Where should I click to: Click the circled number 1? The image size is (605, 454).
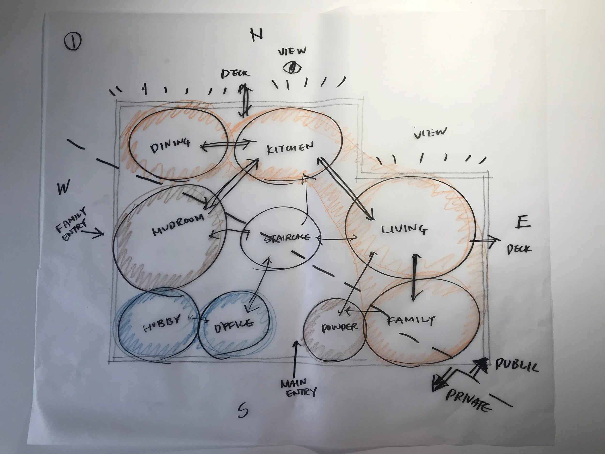[x=73, y=41]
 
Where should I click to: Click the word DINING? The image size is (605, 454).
[x=170, y=145]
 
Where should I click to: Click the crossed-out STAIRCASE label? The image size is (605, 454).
[x=288, y=237]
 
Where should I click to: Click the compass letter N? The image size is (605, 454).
[x=256, y=34]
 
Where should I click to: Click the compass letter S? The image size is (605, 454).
[x=242, y=410]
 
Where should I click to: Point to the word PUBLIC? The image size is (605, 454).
[x=517, y=365]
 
